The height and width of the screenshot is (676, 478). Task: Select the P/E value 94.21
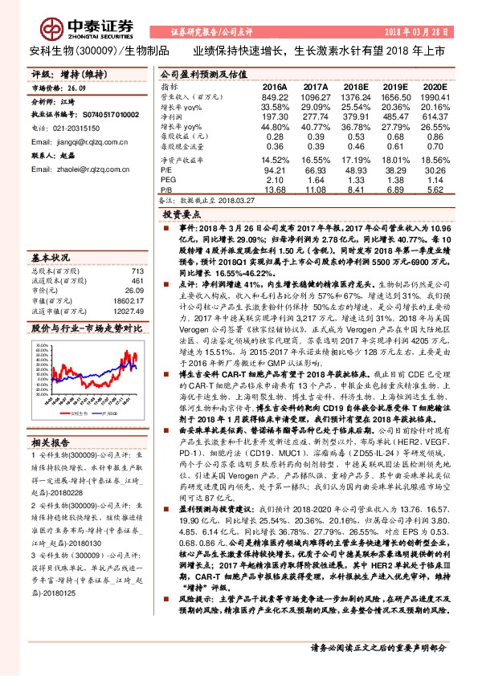275,169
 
